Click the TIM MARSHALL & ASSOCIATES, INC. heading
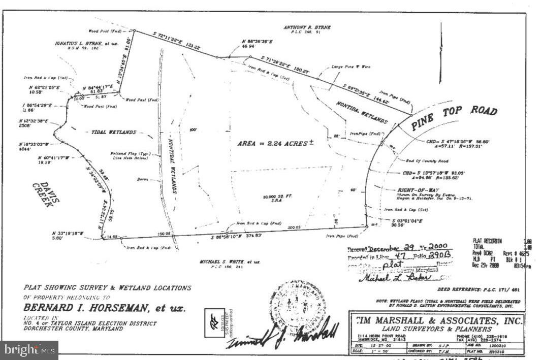tap(437, 321)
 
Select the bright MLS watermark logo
tap(29, 350)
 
